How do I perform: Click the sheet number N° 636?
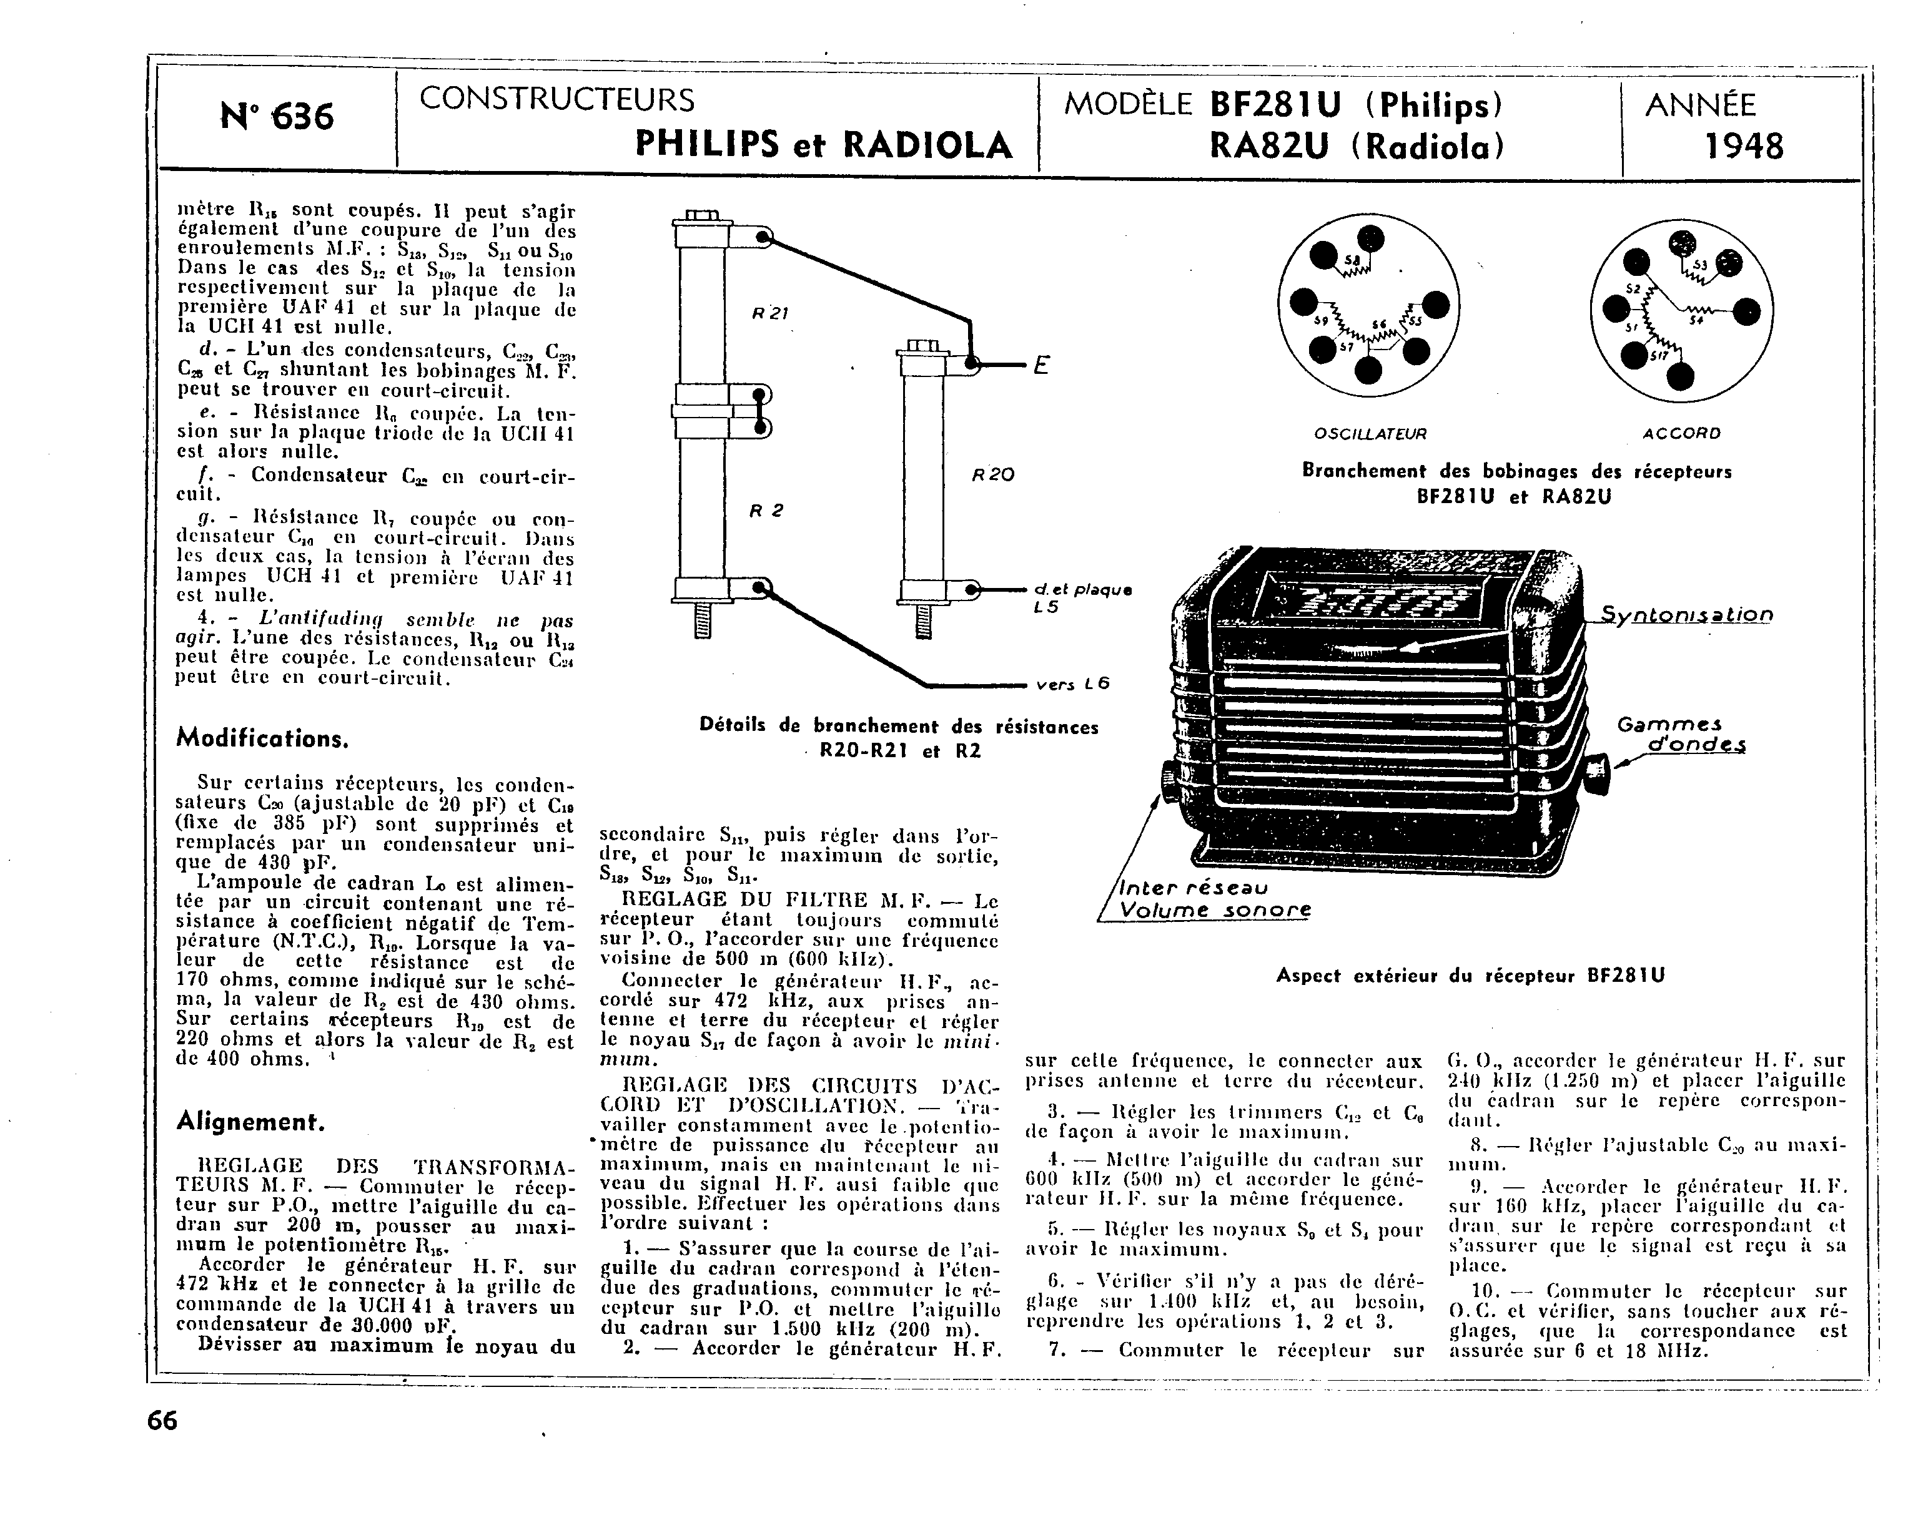click(277, 117)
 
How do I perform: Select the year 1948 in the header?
click(1744, 146)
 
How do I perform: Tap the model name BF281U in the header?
click(1275, 105)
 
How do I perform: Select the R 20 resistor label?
click(992, 475)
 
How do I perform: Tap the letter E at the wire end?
click(1040, 366)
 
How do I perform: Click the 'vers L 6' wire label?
click(1073, 685)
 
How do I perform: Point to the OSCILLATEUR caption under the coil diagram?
click(1371, 434)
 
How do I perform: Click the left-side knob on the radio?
click(1169, 778)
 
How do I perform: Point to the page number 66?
click(162, 1420)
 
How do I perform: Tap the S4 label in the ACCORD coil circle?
click(1696, 320)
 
